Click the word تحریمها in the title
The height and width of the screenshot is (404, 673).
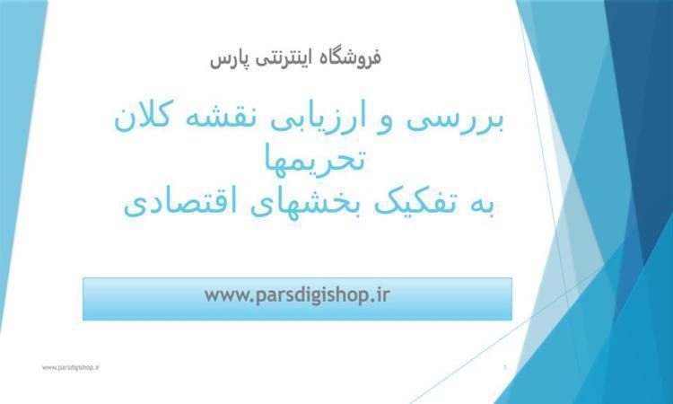(314, 159)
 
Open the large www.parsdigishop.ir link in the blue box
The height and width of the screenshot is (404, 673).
(297, 295)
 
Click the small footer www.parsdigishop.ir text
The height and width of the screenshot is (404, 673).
(71, 367)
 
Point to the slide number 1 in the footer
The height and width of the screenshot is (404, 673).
(504, 367)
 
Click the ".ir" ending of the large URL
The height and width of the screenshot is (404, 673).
(381, 295)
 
